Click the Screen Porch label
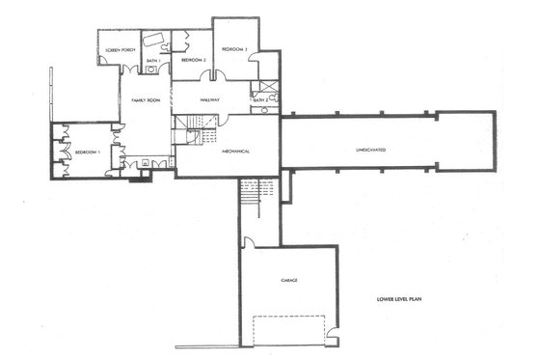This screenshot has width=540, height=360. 119,50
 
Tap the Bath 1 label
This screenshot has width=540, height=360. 152,61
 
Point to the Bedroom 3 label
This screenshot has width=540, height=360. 235,49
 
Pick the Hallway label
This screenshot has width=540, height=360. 210,98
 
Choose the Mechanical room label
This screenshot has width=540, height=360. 236,152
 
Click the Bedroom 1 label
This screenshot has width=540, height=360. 90,152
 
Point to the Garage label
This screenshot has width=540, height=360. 289,280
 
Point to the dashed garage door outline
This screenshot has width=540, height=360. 289,328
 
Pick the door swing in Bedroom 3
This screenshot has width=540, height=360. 253,58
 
